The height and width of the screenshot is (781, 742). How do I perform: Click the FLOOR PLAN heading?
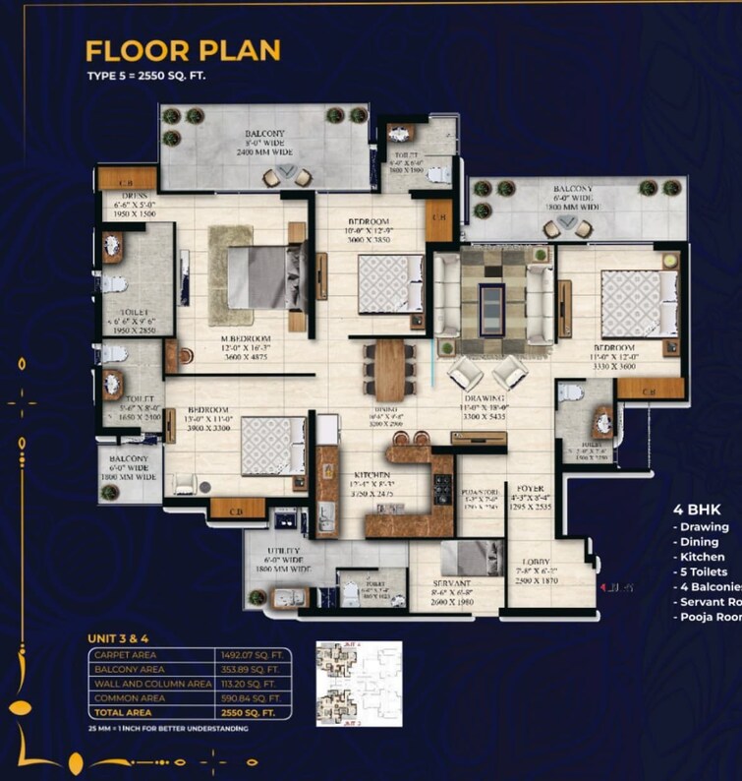[x=183, y=50]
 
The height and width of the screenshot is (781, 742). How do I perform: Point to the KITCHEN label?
[x=373, y=474]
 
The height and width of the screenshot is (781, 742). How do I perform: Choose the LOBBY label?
[x=536, y=564]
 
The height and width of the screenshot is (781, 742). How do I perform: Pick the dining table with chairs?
[x=390, y=369]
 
